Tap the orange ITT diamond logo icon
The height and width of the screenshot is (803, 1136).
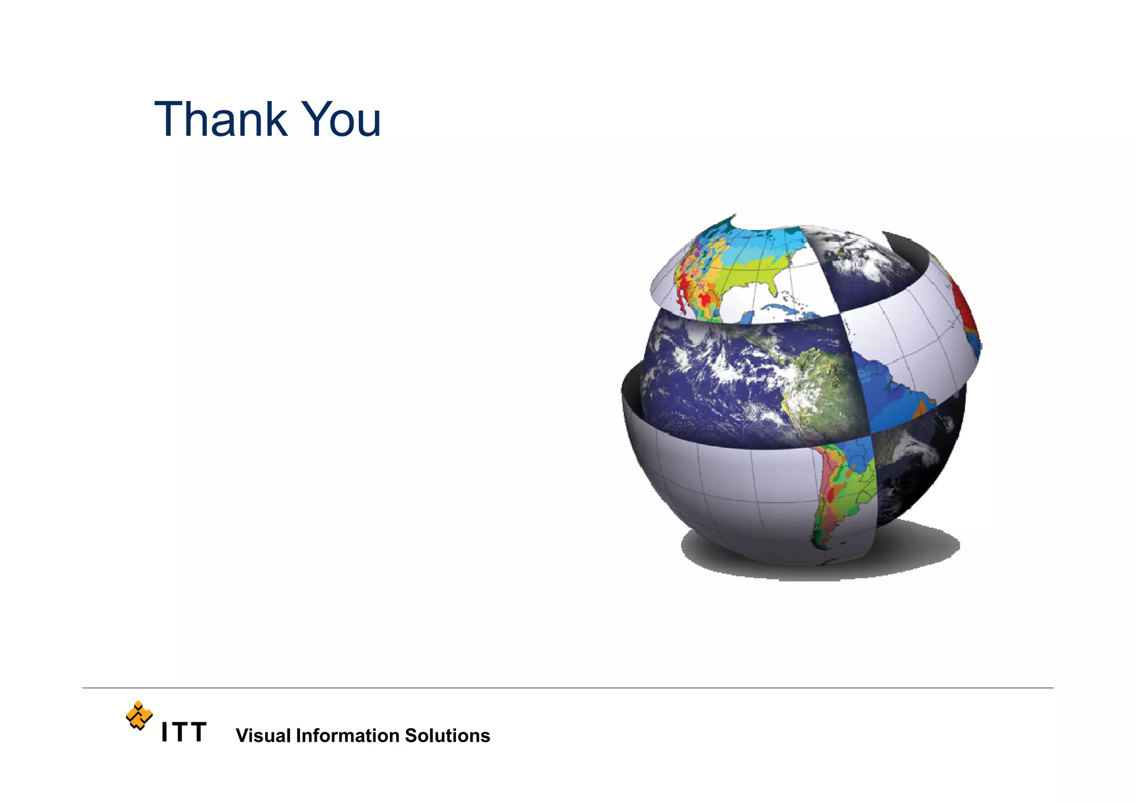[139, 715]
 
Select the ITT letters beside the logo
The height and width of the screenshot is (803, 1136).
[184, 733]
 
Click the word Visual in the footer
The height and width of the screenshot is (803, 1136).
[263, 736]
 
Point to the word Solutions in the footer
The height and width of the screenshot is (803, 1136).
[447, 736]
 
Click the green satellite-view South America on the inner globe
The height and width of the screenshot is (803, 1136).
[826, 388]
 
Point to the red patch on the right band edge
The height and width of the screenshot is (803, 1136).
[965, 311]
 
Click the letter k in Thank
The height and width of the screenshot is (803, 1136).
[276, 119]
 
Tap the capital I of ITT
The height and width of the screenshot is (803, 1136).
[164, 733]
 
